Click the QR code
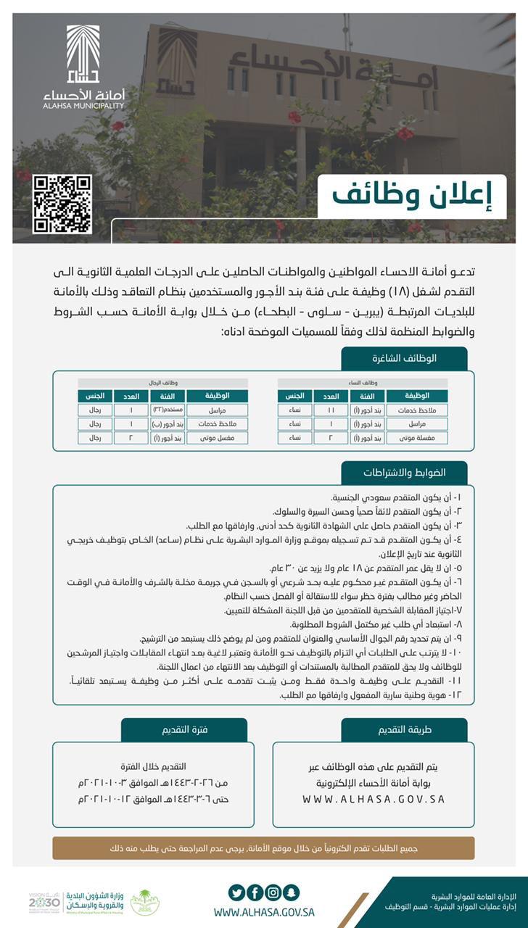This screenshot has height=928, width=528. point(62,204)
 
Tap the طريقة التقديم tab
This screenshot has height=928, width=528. point(405,730)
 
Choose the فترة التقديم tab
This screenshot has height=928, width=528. point(184,730)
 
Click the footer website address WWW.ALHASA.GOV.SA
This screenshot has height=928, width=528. point(264,913)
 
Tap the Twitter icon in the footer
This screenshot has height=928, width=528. point(236,892)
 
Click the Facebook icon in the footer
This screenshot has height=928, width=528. point(255,892)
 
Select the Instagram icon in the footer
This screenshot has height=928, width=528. point(273,892)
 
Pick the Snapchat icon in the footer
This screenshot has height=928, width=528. point(291,892)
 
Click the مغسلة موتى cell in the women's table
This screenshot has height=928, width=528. point(416,438)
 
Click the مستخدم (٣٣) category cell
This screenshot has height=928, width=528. point(168,410)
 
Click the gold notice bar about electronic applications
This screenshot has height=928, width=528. point(263,848)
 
